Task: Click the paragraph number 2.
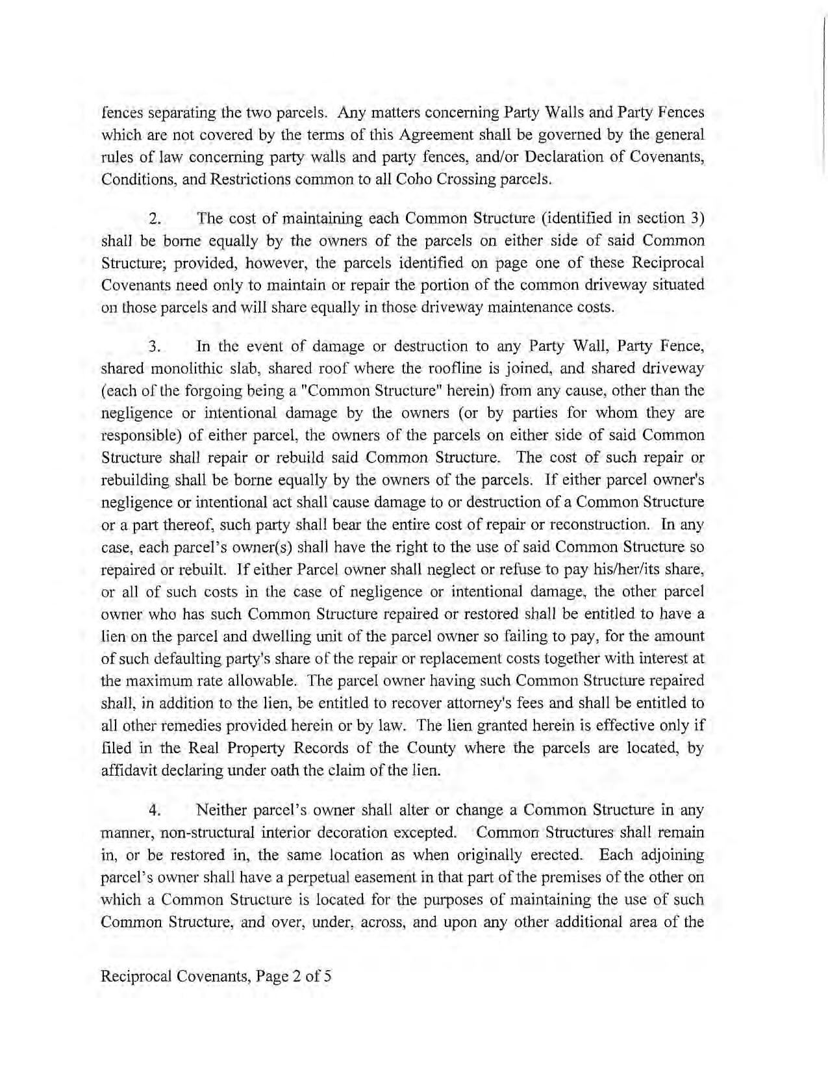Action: point(155,219)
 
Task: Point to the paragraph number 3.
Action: point(155,346)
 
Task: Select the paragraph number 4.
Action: point(155,811)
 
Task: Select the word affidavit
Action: point(129,771)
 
